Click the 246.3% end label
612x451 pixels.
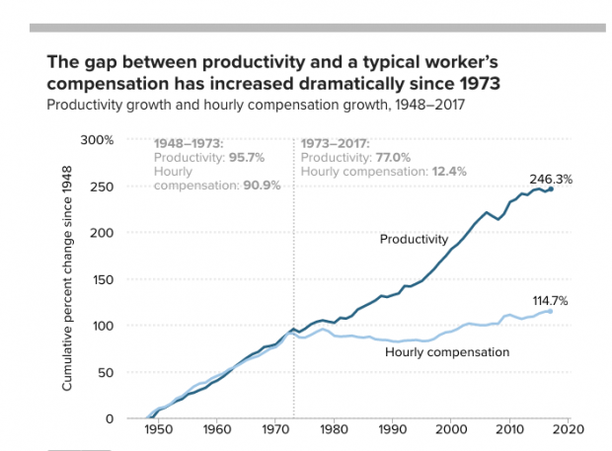(x=551, y=180)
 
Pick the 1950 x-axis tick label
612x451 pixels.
(x=159, y=430)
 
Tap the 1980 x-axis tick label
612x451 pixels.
(x=335, y=430)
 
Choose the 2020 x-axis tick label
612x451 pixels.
(x=569, y=430)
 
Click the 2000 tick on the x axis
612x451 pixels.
(x=451, y=430)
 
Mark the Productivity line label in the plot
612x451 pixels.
(x=415, y=239)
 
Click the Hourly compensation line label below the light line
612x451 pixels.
(x=446, y=351)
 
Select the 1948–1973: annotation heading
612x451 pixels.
(x=190, y=143)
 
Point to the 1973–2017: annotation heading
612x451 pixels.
(x=335, y=143)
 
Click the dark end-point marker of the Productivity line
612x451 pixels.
(x=550, y=188)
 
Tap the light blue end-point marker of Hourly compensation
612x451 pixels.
(x=550, y=311)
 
